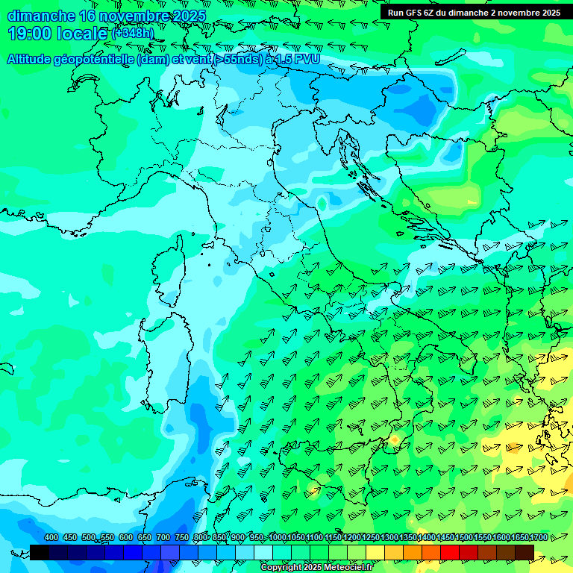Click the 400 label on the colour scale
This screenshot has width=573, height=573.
(x=51, y=537)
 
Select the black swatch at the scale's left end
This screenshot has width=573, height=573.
(x=40, y=552)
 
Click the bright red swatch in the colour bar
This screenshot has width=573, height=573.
(x=449, y=552)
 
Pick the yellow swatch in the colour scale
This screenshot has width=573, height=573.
(x=375, y=552)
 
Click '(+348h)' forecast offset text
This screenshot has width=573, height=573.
(x=132, y=34)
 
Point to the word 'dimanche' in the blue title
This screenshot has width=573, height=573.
(x=41, y=16)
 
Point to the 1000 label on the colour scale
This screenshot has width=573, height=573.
(x=278, y=537)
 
